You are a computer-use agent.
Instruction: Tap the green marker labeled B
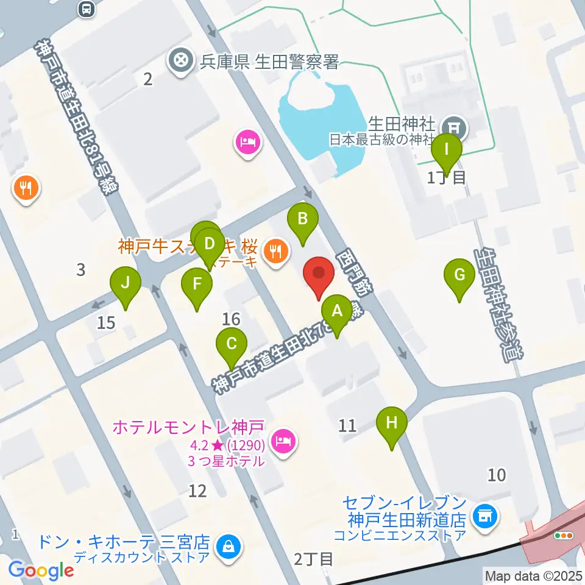[x=303, y=218]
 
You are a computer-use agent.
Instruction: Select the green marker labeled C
[x=232, y=344]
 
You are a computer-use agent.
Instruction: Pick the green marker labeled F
[x=197, y=284]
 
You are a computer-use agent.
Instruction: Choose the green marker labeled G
[x=459, y=275]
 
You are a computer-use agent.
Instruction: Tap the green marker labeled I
[x=447, y=149]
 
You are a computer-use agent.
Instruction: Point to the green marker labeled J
[x=126, y=283]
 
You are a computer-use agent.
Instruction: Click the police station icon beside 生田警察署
[x=181, y=61]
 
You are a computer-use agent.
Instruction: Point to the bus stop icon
[x=87, y=9]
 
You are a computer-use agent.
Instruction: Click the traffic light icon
[x=562, y=536]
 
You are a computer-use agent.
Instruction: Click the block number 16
[x=231, y=318]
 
